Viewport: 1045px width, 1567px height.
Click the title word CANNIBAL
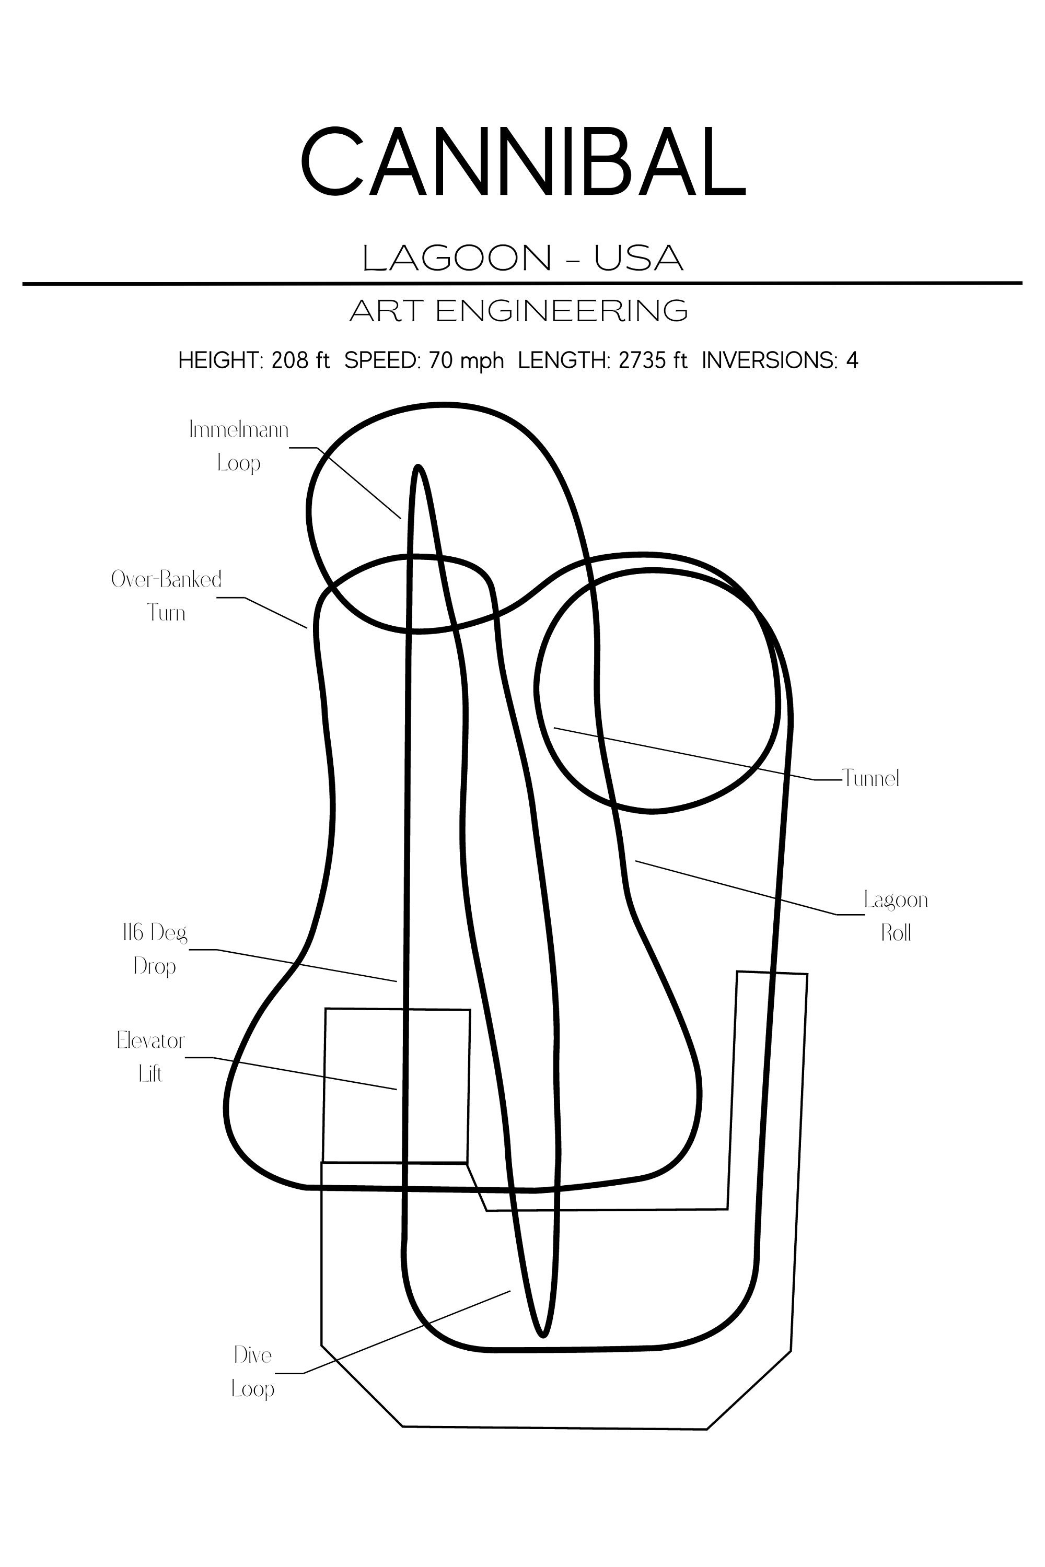522,161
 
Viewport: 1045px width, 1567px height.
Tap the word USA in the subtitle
638,258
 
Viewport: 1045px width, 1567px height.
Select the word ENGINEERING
562,310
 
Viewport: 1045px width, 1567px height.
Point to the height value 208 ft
300,360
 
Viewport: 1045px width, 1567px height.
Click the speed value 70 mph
467,360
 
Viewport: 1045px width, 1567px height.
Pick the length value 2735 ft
653,360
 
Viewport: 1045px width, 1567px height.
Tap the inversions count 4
852,360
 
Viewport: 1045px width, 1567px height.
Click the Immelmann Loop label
239,446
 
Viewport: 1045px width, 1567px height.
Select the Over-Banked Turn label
166,595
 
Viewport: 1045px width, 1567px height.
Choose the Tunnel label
870,778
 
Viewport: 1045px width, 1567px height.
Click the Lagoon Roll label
896,916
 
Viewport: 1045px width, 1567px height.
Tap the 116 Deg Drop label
155,949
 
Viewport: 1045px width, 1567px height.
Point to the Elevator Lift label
150,1057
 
